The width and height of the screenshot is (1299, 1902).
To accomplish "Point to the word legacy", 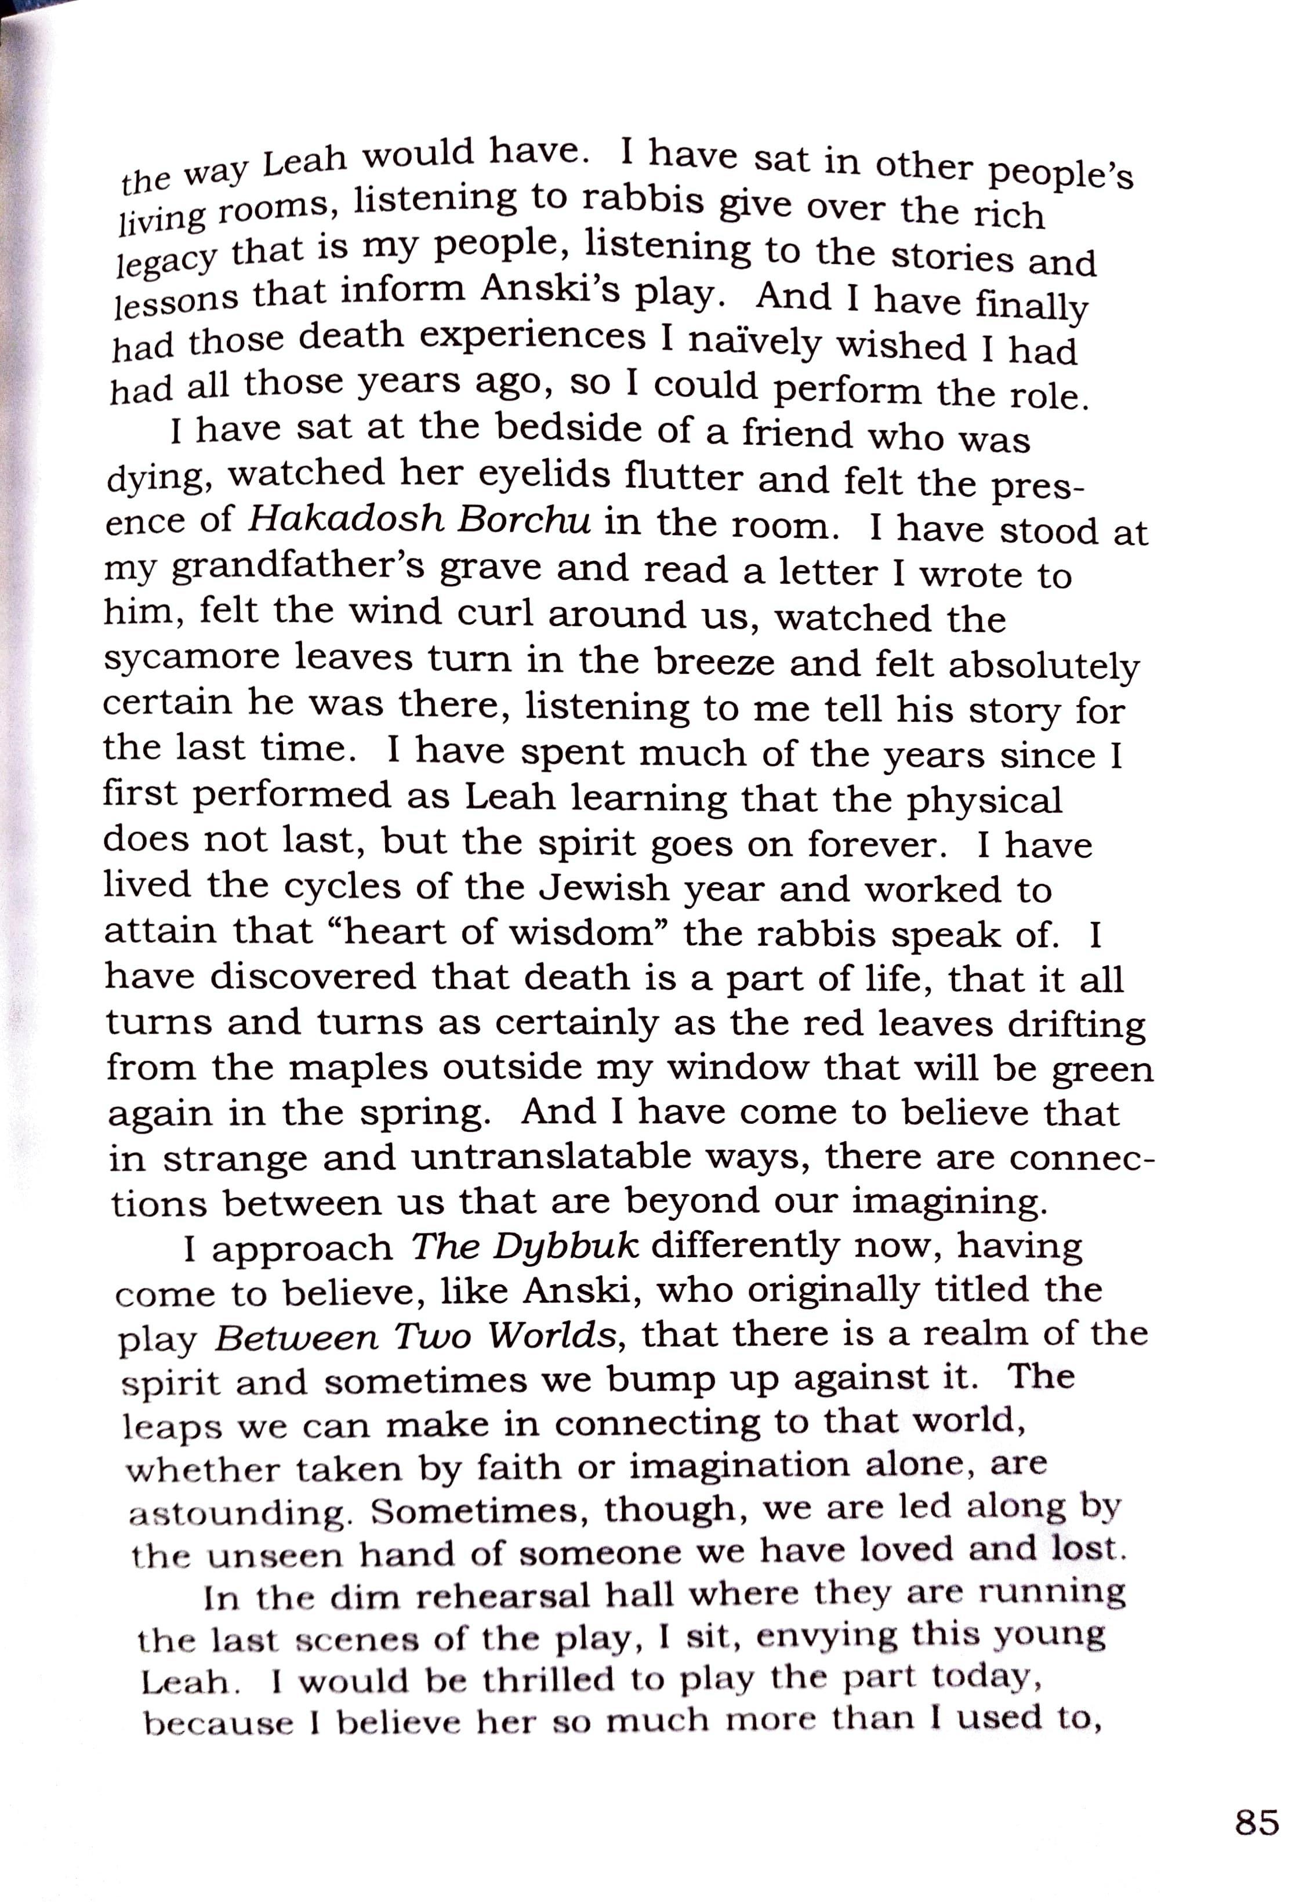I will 166,260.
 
